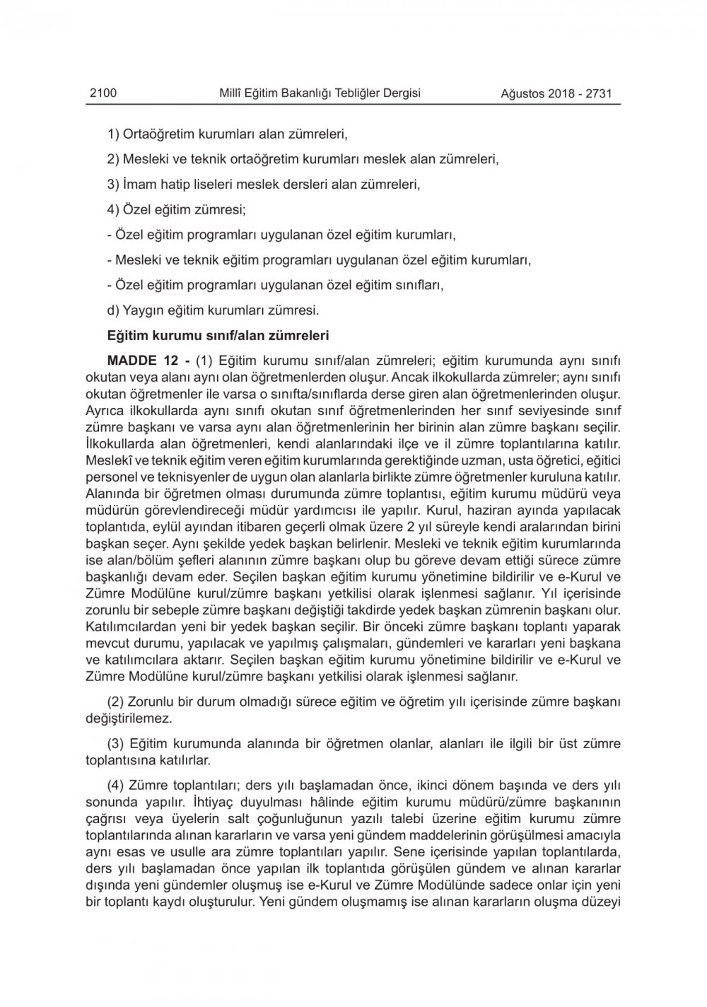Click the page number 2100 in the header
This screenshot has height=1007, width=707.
coord(103,93)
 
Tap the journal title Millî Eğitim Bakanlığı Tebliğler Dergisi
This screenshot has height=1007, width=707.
coord(320,93)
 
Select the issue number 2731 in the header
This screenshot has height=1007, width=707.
coord(603,93)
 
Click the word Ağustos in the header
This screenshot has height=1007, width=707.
coord(522,93)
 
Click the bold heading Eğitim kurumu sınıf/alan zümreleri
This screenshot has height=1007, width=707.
coord(217,334)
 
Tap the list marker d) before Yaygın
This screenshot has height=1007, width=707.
coord(113,310)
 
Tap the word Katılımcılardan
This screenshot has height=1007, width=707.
coord(132,626)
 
